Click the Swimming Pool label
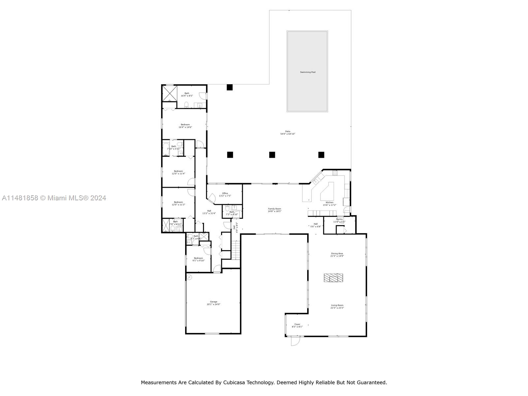308,72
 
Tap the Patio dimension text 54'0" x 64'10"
287,134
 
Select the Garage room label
214,302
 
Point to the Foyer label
297,324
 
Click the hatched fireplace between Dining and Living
333,278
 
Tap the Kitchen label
329,202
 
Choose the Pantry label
339,219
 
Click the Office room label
225,193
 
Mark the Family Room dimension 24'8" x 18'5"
274,211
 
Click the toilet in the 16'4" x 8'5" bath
186,105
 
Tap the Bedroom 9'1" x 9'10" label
198,258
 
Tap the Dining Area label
337,253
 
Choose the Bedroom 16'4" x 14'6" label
185,124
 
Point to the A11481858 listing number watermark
20,198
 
